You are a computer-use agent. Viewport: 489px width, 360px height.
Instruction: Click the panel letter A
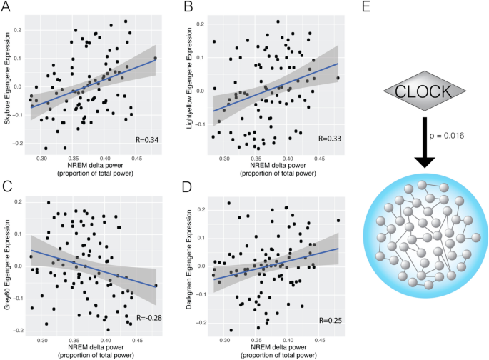9,9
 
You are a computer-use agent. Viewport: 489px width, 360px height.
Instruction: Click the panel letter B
188,9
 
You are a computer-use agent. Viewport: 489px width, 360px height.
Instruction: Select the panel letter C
9,188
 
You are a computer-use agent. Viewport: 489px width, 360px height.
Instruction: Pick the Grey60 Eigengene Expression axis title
7,262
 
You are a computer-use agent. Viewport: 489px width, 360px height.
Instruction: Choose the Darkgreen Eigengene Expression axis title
190,262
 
